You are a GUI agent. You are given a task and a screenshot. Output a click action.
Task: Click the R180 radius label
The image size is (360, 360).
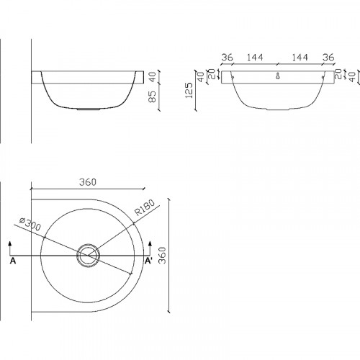point(145,207)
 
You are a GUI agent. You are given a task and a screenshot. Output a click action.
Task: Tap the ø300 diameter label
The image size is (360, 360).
point(30,224)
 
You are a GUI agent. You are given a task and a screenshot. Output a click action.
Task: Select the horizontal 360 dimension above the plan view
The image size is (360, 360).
point(88,182)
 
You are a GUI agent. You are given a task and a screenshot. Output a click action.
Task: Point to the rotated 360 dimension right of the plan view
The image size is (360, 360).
point(163,255)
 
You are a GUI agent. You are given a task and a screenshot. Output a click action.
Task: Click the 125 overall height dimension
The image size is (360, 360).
point(189,91)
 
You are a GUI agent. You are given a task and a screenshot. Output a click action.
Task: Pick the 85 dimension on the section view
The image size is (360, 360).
point(152,96)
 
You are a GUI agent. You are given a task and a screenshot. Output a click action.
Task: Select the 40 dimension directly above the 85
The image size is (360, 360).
point(152,77)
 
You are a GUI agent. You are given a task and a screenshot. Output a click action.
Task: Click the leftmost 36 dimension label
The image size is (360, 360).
point(227,58)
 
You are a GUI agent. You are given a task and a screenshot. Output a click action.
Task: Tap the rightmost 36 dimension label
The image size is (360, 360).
point(328,58)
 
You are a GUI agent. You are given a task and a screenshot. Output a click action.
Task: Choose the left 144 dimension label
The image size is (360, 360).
point(255,58)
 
